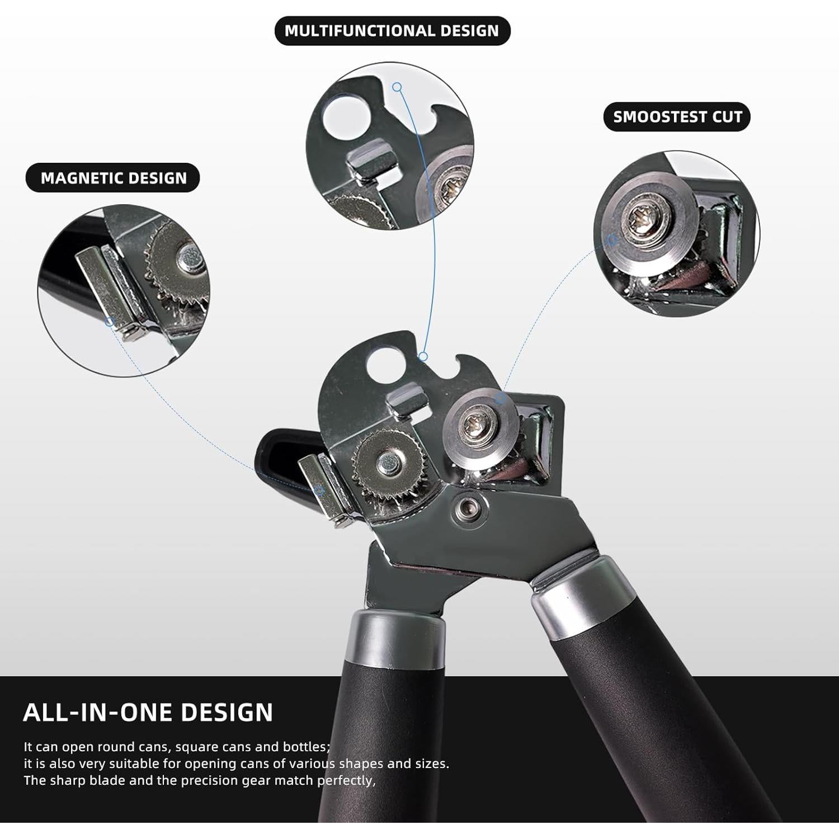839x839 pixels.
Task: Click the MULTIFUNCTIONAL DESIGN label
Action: [392, 31]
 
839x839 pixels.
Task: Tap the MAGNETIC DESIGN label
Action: [113, 178]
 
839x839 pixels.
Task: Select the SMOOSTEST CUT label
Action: [677, 117]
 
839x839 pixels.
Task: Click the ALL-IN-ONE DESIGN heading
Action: [148, 712]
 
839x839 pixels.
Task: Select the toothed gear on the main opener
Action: [384, 463]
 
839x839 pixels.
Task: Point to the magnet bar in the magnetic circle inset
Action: [106, 291]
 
